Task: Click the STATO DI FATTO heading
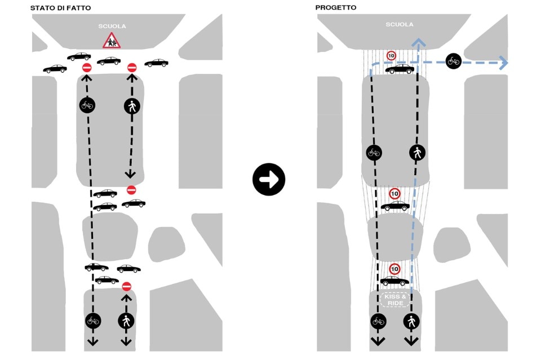click(60, 7)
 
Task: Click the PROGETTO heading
click(336, 7)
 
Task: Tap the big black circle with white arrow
click(269, 180)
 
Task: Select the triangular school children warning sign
click(111, 41)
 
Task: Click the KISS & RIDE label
click(394, 299)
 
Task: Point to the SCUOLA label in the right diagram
click(399, 25)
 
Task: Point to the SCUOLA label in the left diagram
click(112, 26)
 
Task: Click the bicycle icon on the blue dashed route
click(454, 61)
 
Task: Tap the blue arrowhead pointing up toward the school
click(418, 42)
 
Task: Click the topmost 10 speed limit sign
click(391, 56)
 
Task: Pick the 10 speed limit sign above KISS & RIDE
click(394, 269)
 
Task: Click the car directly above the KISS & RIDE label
click(394, 281)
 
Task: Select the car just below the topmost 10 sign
click(400, 69)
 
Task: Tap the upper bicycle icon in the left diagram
click(87, 105)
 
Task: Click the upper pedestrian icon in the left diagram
click(132, 105)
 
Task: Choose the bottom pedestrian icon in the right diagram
click(411, 321)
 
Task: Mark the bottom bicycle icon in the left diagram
click(93, 321)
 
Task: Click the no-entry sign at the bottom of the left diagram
click(126, 286)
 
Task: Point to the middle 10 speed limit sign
click(394, 194)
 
